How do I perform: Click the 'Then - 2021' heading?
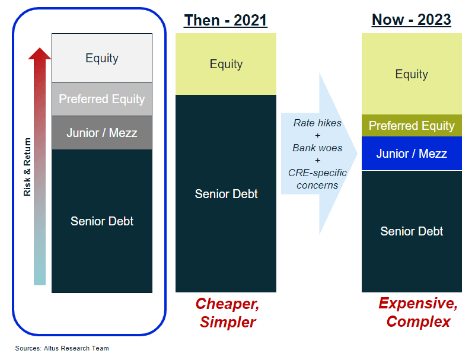coord(225,20)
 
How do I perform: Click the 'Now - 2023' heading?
coord(411,20)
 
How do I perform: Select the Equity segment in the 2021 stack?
coord(226,64)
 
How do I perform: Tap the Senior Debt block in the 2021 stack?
coord(226,194)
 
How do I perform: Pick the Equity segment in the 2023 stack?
coord(412,74)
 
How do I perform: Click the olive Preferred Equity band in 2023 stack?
coord(412,126)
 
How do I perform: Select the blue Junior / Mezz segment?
coord(412,154)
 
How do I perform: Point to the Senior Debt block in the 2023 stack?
coord(412,231)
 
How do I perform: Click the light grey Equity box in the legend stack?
coord(102,58)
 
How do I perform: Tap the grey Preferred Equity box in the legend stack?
coord(102,99)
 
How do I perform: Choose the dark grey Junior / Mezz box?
coord(102,133)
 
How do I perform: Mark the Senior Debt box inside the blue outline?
coord(102,221)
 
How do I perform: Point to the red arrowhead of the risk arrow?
coord(40,54)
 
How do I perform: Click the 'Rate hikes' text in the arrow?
coord(317,123)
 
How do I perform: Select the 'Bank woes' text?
coord(317,148)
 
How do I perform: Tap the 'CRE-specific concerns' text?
coord(317,179)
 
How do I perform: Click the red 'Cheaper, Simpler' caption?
coord(228,313)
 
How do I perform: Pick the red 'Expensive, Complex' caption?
coord(418,313)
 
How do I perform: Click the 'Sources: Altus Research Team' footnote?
coord(62,348)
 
